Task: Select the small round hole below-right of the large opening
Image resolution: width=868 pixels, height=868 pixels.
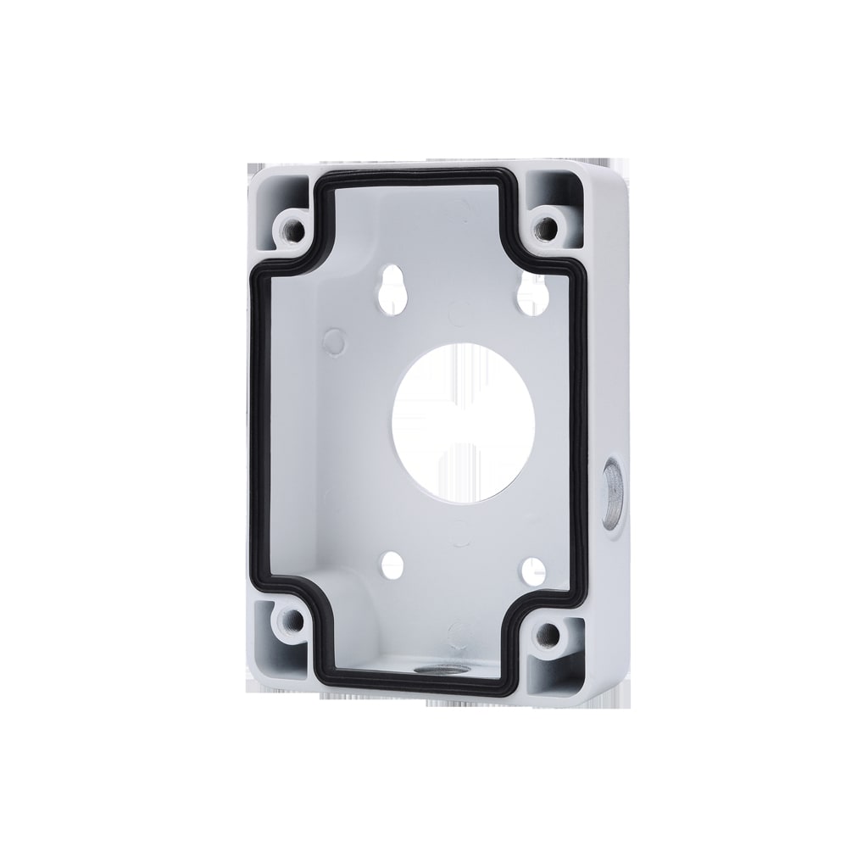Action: coord(531,569)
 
